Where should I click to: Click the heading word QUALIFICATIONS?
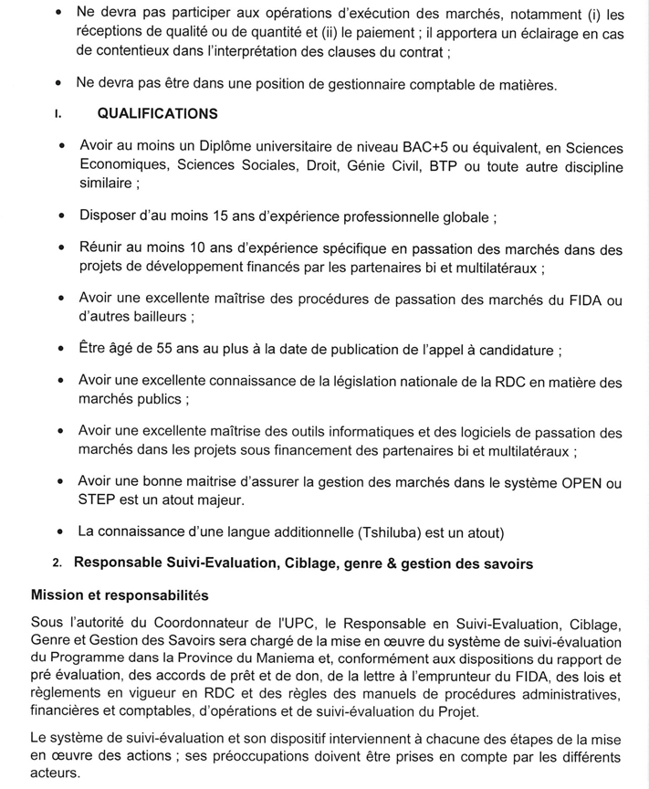coord(157,114)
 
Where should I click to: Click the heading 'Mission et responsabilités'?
coord(120,595)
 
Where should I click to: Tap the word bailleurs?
coord(165,317)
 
